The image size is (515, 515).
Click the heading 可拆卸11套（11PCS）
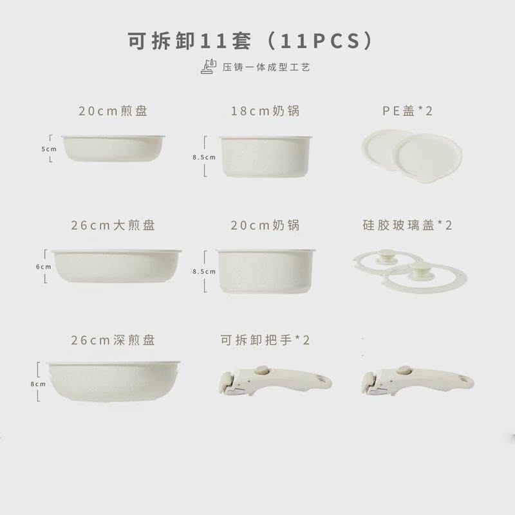[251, 39]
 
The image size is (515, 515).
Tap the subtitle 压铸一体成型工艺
[264, 66]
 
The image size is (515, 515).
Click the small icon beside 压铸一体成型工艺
[208, 66]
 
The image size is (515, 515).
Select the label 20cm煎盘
[113, 111]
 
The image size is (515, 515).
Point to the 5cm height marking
[50, 149]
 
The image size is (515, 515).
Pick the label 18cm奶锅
[265, 111]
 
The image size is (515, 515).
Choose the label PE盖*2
[407, 111]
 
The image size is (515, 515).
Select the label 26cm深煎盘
[113, 339]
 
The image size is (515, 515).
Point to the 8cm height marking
[39, 384]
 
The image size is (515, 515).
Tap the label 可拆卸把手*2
[265, 339]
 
